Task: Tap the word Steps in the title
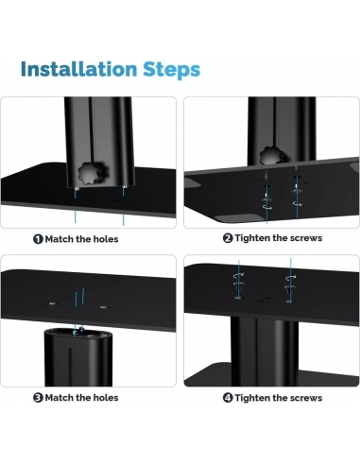173,69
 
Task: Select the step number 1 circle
38,239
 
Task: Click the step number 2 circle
228,239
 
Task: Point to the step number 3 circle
38,398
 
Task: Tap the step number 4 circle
228,398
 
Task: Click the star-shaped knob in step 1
93,174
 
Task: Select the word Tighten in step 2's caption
256,239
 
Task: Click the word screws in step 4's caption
303,398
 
